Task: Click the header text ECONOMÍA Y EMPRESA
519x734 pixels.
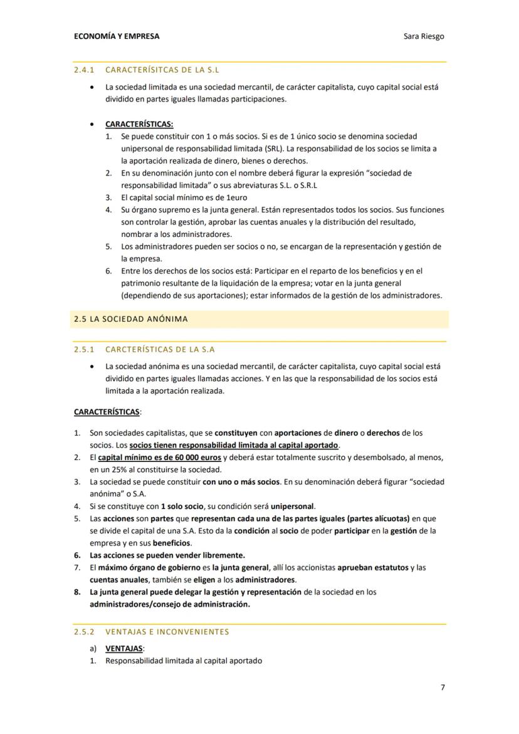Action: coord(117,36)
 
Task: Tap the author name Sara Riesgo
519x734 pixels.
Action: coord(424,36)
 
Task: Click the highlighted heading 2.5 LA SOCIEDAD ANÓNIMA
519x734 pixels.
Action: coord(130,319)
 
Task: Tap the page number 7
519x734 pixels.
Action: coord(443,688)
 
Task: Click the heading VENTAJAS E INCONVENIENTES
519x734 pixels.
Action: coord(167,632)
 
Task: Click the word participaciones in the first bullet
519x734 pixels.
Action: coord(255,99)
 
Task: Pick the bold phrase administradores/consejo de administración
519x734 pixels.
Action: coord(169,604)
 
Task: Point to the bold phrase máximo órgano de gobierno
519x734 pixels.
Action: coord(140,567)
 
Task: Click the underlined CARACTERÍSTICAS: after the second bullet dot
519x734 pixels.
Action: coord(139,124)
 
